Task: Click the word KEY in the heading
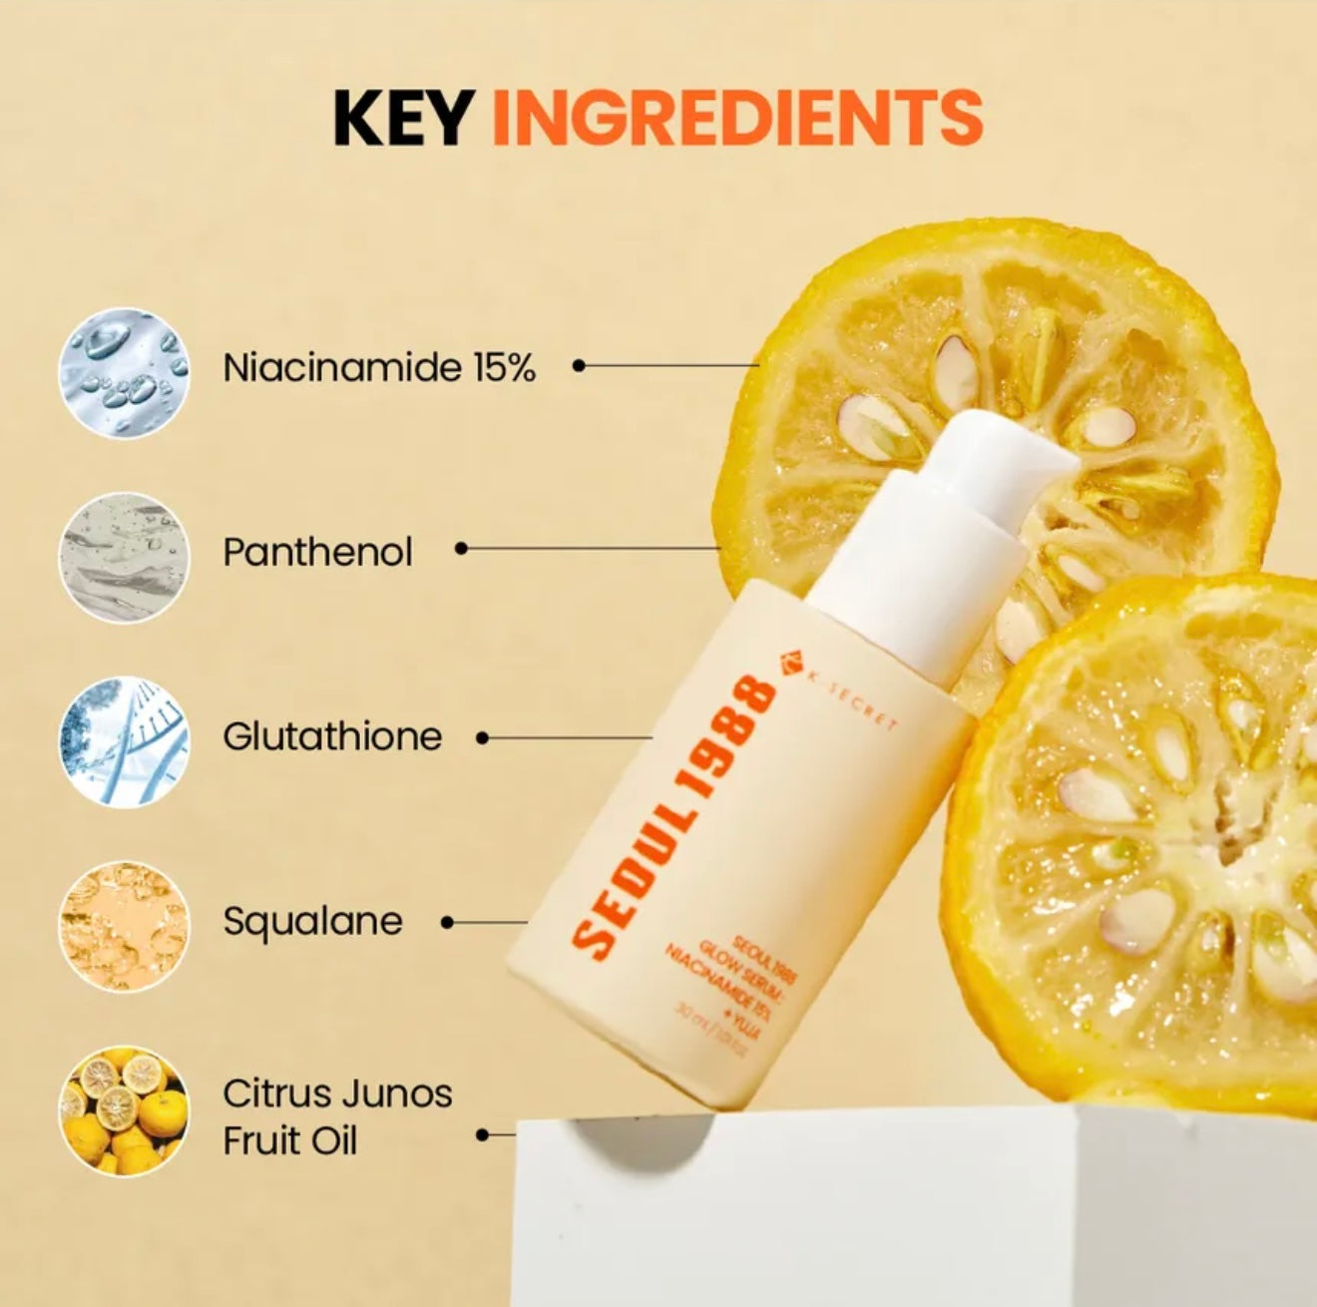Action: tap(401, 118)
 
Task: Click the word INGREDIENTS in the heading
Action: tap(737, 118)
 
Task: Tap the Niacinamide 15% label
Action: tap(379, 368)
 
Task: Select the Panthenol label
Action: tap(317, 552)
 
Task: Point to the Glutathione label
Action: tap(332, 736)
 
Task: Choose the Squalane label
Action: tap(312, 921)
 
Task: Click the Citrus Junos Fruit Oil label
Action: tap(336, 1116)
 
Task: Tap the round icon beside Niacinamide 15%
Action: tap(124, 371)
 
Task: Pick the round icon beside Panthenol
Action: tap(124, 556)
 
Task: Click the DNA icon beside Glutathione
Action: tap(124, 740)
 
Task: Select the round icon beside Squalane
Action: tap(124, 925)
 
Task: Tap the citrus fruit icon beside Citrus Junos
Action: tap(124, 1109)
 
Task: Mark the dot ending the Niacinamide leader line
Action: tap(579, 366)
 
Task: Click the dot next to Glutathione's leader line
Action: tap(483, 738)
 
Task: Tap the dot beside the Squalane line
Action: tap(447, 923)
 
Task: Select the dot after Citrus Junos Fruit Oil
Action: tap(483, 1134)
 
